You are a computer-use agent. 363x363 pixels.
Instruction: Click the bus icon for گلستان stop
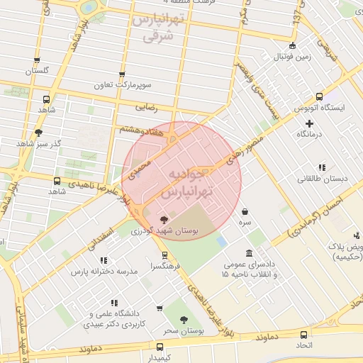(37, 61)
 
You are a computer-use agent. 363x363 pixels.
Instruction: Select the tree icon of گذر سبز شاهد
(38, 132)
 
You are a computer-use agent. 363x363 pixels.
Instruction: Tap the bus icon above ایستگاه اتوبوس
(319, 96)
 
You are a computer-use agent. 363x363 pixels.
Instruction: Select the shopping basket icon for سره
(245, 211)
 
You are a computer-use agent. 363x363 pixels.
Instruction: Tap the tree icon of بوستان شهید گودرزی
(164, 220)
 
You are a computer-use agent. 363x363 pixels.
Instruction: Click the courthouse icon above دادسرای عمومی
(249, 253)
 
